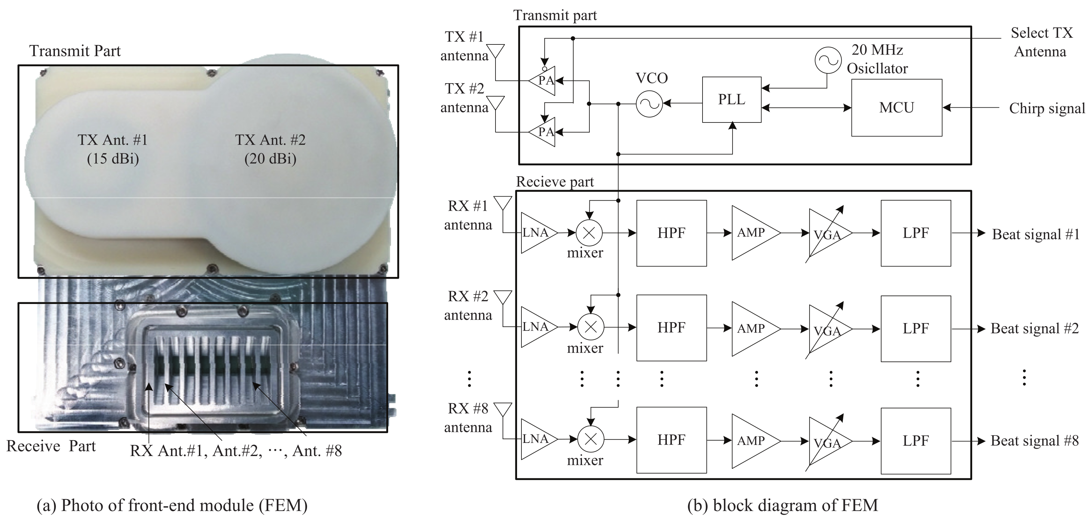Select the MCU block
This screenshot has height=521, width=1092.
point(896,108)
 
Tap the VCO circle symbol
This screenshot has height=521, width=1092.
point(649,103)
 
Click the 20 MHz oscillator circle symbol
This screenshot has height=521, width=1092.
point(827,61)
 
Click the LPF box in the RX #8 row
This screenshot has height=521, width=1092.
point(915,441)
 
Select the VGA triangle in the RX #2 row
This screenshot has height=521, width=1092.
point(827,329)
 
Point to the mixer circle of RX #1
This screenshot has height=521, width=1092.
point(589,232)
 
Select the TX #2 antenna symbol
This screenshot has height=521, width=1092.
point(496,103)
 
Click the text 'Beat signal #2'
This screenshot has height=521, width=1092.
point(1034,328)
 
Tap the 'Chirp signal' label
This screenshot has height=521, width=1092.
point(1047,108)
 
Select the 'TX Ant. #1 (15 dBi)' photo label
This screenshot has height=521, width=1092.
point(113,149)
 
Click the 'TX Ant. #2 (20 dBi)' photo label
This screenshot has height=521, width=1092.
point(270,149)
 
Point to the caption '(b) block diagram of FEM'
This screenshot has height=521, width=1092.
point(782,505)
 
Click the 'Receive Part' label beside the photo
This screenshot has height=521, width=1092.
point(51,446)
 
